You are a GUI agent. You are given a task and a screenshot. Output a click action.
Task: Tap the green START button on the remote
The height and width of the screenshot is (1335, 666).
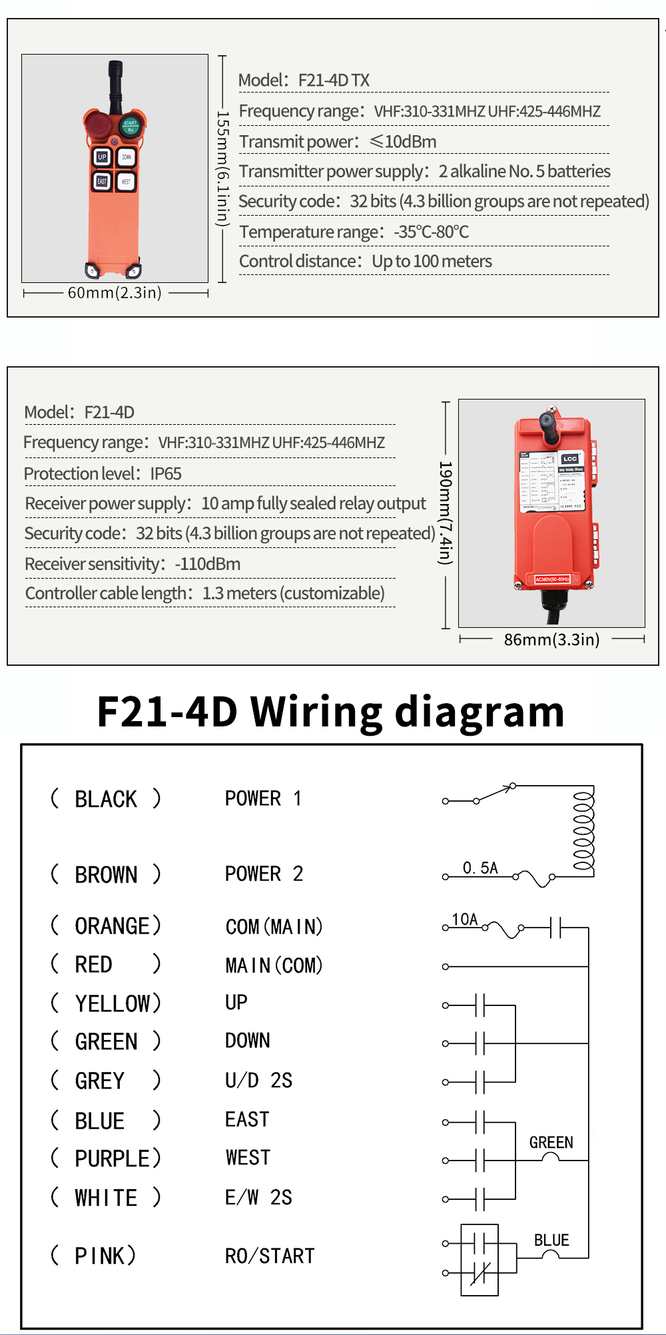point(130,125)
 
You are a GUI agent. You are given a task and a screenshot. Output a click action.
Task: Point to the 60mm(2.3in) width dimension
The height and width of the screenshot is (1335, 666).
point(115,293)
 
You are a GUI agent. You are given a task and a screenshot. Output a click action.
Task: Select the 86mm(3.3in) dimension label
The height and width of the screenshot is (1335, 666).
point(551,640)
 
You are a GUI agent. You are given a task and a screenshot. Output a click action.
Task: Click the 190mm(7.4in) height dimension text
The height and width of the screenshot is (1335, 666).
point(445,513)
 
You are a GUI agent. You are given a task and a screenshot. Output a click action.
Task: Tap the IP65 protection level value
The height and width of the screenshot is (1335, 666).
point(166,474)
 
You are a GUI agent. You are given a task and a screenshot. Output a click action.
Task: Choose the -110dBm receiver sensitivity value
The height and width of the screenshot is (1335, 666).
point(208,564)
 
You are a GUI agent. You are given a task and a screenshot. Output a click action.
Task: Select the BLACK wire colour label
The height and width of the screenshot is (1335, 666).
point(106,798)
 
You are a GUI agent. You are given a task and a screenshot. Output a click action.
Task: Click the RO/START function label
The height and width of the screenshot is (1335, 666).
point(270,1256)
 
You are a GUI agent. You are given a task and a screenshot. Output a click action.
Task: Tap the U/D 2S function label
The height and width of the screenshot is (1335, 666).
point(258,1080)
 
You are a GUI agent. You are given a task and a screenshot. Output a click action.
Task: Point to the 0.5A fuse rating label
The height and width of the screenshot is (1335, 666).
point(480,868)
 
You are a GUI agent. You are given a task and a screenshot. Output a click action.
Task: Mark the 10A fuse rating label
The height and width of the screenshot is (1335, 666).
point(465,920)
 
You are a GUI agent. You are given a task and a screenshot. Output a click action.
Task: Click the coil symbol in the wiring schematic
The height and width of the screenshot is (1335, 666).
point(583,831)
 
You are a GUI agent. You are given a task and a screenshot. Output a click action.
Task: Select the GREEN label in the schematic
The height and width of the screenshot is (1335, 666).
point(551,1143)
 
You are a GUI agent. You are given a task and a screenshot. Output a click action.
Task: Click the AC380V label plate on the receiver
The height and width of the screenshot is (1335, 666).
point(552,579)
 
